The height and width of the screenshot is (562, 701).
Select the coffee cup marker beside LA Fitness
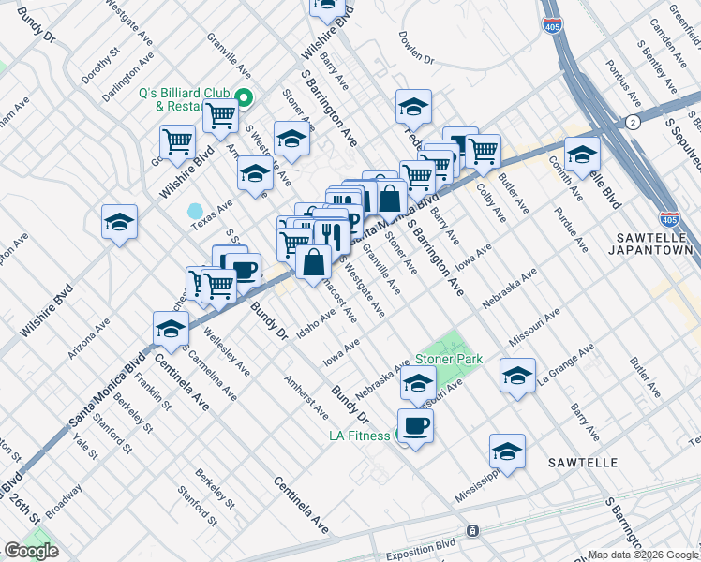[415, 426]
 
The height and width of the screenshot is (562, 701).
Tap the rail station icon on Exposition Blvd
[472, 530]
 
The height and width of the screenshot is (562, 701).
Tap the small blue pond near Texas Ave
[196, 211]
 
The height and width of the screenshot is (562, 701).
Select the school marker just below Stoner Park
[418, 382]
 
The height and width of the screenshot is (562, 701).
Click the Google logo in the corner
[31, 551]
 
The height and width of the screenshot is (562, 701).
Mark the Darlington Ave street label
[127, 81]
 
